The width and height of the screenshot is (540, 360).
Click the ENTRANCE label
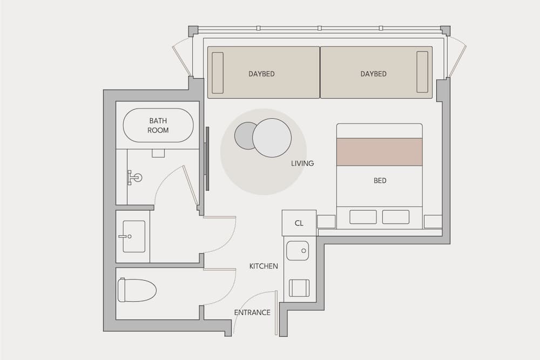point(252,313)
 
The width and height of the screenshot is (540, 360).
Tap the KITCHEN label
point(264,266)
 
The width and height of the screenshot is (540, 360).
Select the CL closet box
point(299,223)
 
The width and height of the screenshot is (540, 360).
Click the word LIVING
point(302,163)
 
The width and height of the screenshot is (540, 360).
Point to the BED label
point(380,181)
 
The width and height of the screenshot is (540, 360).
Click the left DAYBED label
point(261,74)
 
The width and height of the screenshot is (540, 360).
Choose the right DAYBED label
point(374,74)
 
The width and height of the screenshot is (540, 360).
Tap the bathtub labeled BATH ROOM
point(158,126)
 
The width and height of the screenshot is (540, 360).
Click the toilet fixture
point(137,290)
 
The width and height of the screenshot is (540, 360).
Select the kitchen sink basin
point(298,250)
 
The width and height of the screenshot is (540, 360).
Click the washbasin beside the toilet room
point(133,236)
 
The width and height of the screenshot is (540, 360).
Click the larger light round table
point(272,138)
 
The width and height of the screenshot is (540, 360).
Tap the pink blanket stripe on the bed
point(380,152)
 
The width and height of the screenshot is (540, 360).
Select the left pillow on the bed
point(363,217)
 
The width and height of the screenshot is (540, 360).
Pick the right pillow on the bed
point(396,217)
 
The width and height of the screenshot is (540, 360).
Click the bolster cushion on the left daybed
point(218,72)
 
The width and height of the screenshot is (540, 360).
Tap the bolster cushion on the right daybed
point(422,72)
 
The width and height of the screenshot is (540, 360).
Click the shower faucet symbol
point(134,177)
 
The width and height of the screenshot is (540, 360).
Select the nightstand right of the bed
point(433,221)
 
